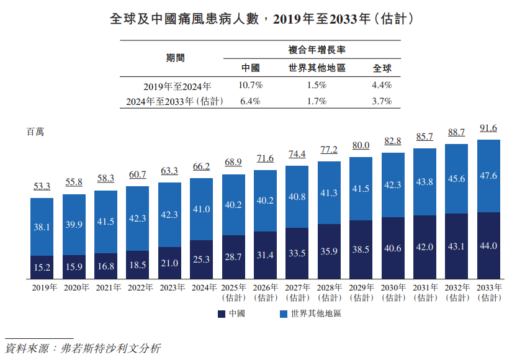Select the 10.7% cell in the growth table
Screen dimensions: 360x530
coord(251,86)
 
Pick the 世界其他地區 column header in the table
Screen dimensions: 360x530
coord(317,68)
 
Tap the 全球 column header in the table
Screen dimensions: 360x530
coord(382,68)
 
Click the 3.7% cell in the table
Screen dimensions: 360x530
coord(382,101)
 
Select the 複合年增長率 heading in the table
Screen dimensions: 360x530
coord(317,50)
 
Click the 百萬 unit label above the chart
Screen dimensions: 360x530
coord(35,132)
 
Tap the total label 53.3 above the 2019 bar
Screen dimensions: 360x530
coord(42,186)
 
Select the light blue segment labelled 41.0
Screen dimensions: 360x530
coord(201,209)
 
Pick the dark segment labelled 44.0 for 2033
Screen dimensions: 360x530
coord(488,246)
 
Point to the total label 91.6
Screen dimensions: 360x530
coord(488,128)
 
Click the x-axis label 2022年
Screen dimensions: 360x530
coord(137,288)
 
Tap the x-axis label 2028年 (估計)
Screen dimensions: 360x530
coord(329,292)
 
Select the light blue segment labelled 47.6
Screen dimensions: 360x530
coord(488,176)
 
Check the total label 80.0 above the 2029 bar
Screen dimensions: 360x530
coord(361,146)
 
